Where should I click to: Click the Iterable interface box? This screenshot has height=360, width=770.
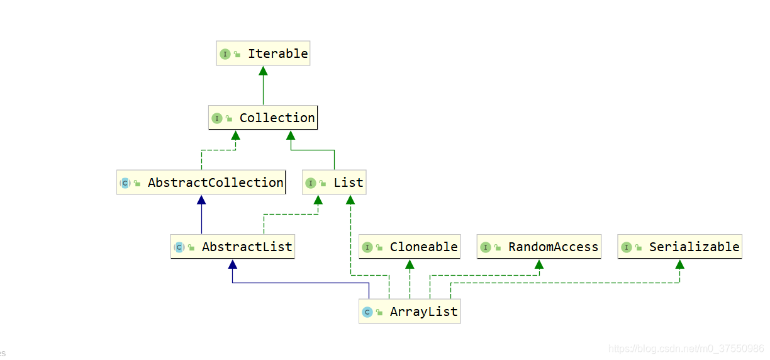click(x=263, y=54)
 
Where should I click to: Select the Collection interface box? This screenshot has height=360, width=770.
click(x=263, y=118)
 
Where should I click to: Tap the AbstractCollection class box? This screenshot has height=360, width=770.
click(x=201, y=183)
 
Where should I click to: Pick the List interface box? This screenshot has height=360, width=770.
click(x=333, y=183)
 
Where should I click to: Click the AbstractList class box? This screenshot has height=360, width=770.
click(x=233, y=247)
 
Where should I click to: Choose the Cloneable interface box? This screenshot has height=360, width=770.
click(x=410, y=247)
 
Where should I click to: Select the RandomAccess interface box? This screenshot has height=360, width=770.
click(x=539, y=247)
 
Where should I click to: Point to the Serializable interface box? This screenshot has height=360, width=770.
click(x=679, y=247)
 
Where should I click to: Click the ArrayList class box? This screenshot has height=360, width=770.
click(x=410, y=312)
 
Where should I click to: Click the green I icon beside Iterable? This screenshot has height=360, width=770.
click(x=225, y=54)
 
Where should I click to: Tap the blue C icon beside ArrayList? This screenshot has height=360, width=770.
click(x=367, y=312)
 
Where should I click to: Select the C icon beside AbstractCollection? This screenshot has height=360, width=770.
click(x=125, y=183)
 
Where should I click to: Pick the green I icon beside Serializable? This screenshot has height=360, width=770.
click(x=627, y=247)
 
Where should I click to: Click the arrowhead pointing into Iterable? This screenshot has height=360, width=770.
click(x=263, y=70)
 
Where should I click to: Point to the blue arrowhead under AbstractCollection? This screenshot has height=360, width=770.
click(x=201, y=200)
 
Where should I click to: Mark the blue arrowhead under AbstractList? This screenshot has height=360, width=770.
click(x=233, y=264)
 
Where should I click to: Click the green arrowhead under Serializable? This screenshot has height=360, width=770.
click(x=679, y=264)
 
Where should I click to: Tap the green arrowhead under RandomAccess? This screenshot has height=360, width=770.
click(x=538, y=264)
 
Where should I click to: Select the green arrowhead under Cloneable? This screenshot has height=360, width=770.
click(x=410, y=264)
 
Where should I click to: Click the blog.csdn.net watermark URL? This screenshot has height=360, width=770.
click(x=686, y=349)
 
